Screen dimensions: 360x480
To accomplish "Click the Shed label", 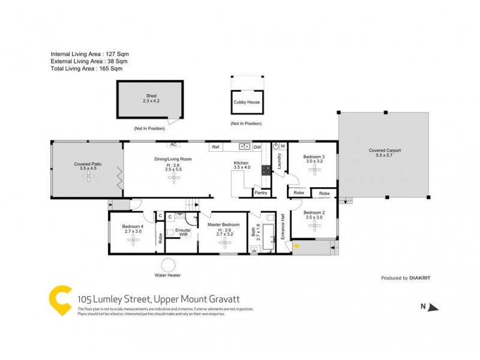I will point(151,96).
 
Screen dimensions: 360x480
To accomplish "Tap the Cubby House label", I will point(247,103).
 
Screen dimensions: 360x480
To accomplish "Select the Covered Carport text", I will point(385,151).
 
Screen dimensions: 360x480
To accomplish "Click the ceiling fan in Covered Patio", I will point(88,178).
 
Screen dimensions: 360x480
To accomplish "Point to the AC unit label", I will point(173,145).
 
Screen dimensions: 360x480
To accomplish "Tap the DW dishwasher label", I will point(257,147).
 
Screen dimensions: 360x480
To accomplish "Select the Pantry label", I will point(261,193).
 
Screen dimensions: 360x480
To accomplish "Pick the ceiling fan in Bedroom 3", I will point(314,170).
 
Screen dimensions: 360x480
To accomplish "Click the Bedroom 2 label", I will point(314,213).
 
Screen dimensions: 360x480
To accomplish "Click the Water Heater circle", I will point(167,265).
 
